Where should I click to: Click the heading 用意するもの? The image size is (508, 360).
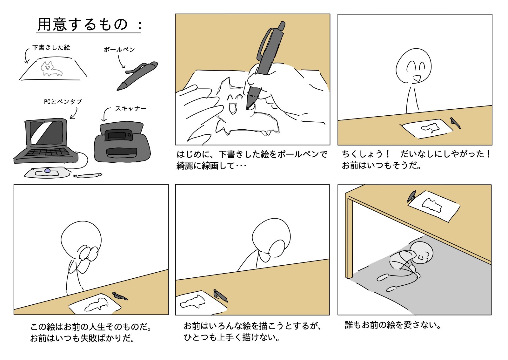point(83,24)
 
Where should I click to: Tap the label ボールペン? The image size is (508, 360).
point(119,50)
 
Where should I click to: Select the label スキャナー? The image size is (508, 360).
point(131,108)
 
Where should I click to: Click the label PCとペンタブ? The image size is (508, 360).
point(63,101)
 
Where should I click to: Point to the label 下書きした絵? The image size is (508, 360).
point(51,47)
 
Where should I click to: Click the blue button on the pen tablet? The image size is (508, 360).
point(47,171)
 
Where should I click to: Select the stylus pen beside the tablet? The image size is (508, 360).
point(88,175)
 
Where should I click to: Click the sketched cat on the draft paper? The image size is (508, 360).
point(50,69)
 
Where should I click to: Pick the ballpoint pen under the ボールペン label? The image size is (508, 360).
point(137,76)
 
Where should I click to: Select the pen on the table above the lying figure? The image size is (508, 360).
point(411,196)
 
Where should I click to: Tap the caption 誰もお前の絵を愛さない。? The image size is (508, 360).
point(393,325)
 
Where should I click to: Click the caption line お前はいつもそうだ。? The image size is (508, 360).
point(382,166)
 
